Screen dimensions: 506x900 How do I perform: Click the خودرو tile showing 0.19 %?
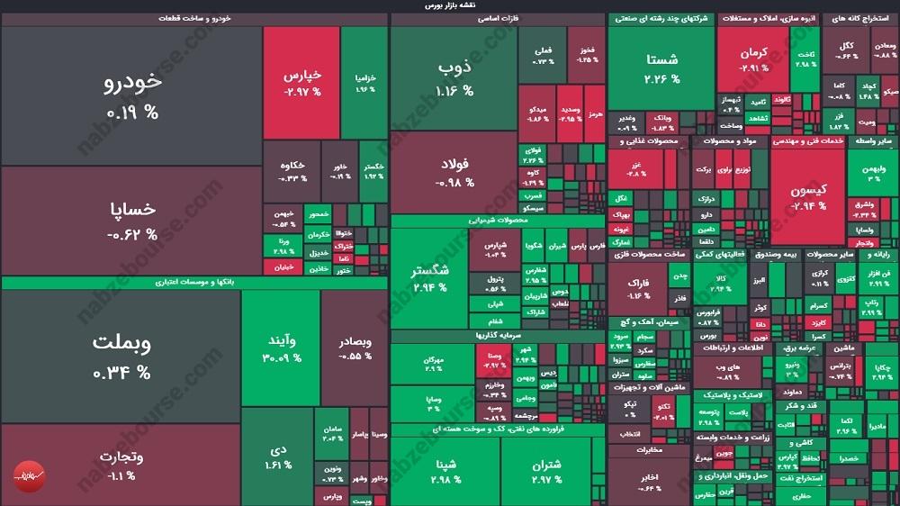[x=131, y=95]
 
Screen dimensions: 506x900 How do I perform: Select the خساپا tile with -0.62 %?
[x=131, y=221]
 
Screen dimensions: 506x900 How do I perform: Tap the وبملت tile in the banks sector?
[x=121, y=356]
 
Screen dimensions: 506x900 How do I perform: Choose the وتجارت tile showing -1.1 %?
[x=121, y=465]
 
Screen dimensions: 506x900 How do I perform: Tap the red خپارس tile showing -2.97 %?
[x=301, y=83]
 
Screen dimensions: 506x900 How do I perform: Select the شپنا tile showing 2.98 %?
[x=445, y=471]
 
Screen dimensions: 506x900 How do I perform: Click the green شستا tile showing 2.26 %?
[x=661, y=68]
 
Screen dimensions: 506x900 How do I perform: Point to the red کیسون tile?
[x=807, y=198]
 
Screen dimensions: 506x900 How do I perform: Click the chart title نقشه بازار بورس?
[x=450, y=5]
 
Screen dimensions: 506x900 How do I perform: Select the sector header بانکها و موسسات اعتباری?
[x=193, y=283]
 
